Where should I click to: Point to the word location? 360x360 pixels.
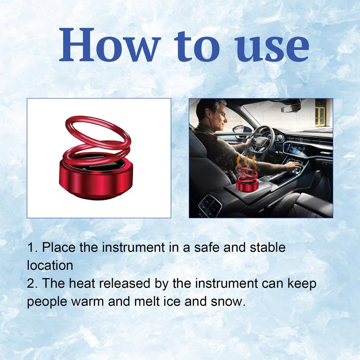coord(49,265)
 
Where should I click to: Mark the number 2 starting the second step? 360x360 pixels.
coord(31,283)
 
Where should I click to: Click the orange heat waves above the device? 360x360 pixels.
coord(247,162)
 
